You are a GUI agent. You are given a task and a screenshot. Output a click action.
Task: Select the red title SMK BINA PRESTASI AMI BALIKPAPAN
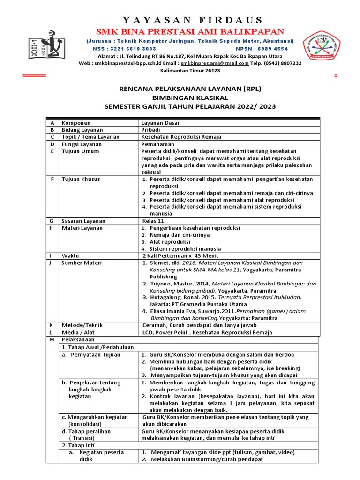190,31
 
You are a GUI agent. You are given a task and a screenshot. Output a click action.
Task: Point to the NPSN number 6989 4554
275,49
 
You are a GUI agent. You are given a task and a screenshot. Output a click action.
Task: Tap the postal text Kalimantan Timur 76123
190,70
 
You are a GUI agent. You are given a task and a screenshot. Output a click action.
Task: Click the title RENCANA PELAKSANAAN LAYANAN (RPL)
190,88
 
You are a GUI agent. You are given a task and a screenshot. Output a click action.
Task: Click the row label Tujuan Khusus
81,179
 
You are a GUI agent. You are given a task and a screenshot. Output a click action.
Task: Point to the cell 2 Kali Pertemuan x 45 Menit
179,255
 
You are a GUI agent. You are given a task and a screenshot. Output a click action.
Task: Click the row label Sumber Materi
82,263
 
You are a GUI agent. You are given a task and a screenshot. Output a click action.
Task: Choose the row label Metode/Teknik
82,325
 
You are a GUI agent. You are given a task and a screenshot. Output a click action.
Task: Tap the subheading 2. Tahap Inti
79,445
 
